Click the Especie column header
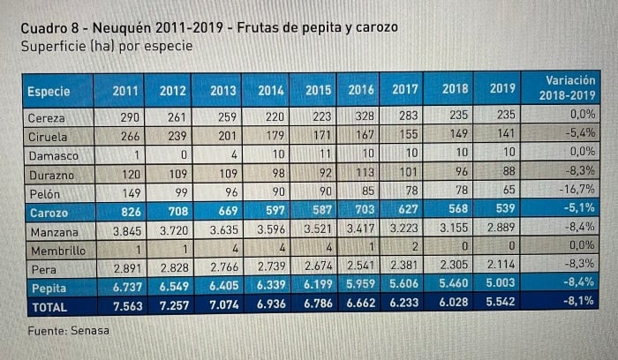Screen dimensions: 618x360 pos(49,92)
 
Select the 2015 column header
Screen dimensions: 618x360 pos(319,90)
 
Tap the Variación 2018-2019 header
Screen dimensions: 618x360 pos(567,88)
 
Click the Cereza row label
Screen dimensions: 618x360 pos(47,117)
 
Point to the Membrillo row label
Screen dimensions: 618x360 pos(58,251)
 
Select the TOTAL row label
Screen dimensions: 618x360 pos(49,307)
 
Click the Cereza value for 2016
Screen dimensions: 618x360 pos(364,116)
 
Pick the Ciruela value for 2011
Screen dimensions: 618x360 pos(130,136)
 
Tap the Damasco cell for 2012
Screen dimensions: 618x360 pos(184,154)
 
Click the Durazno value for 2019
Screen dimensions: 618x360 pos(509,171)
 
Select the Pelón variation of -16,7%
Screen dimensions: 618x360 pos(577,190)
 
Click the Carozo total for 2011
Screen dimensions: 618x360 pos(131,212)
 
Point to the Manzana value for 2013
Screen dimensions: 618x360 pos(223,229)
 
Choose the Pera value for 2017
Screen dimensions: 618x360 pos(403,265)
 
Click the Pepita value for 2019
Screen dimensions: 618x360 pos(501,283)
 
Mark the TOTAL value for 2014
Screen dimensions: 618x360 pos(271,304)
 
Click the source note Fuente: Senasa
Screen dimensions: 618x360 pos(69,331)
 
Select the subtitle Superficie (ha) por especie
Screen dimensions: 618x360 pos(107,46)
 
